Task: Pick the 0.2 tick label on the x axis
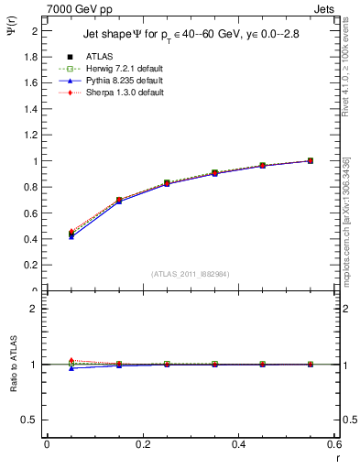(x=142, y=445)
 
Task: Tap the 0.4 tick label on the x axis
(x=238, y=445)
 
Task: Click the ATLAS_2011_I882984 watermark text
(x=191, y=273)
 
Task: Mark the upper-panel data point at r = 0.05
(x=71, y=234)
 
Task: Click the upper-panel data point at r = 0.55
(x=311, y=161)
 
